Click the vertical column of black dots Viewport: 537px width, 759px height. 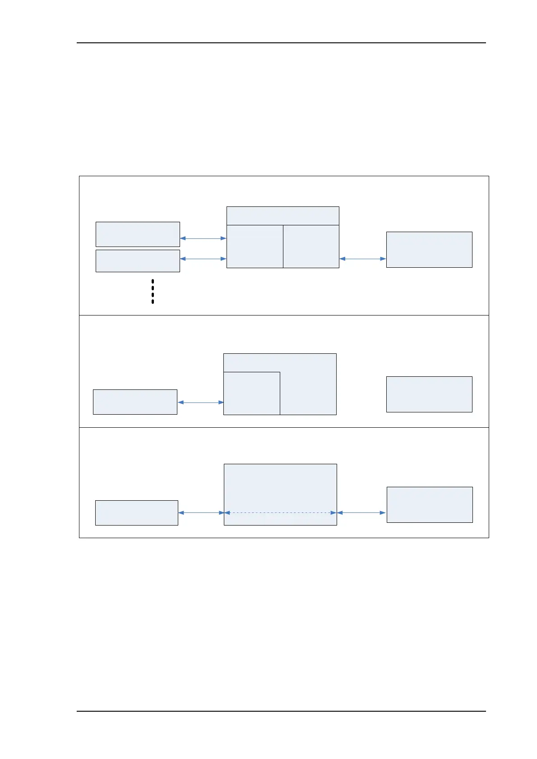point(153,291)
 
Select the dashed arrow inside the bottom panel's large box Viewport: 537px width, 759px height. point(280,513)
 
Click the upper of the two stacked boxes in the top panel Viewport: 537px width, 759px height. point(138,234)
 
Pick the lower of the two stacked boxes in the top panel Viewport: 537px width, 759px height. point(138,261)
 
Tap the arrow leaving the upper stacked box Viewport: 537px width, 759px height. point(203,238)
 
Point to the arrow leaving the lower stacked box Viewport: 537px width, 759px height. point(203,259)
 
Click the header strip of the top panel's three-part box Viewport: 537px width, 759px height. point(282,216)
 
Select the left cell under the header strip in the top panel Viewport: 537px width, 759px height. point(255,246)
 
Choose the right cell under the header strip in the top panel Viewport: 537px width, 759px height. point(311,246)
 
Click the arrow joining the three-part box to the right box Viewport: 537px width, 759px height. point(362,259)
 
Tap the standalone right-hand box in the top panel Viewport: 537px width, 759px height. point(429,250)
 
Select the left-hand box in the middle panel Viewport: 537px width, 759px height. point(135,402)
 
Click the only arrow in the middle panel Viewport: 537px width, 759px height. point(200,402)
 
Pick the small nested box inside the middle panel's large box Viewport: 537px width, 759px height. point(252,393)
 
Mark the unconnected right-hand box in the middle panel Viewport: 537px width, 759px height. point(429,394)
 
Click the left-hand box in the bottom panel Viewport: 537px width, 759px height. point(137,513)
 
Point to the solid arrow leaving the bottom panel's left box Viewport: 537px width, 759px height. point(201,513)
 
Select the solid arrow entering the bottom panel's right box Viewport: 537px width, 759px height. point(361,513)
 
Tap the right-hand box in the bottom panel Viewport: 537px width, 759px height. point(430,505)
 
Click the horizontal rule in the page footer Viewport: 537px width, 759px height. point(281,711)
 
